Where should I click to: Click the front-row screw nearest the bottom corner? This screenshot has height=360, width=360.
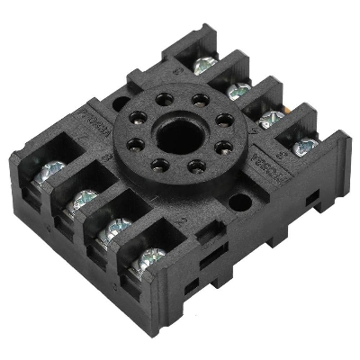[x=151, y=260]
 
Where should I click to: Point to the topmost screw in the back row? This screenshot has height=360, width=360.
[x=205, y=64]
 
